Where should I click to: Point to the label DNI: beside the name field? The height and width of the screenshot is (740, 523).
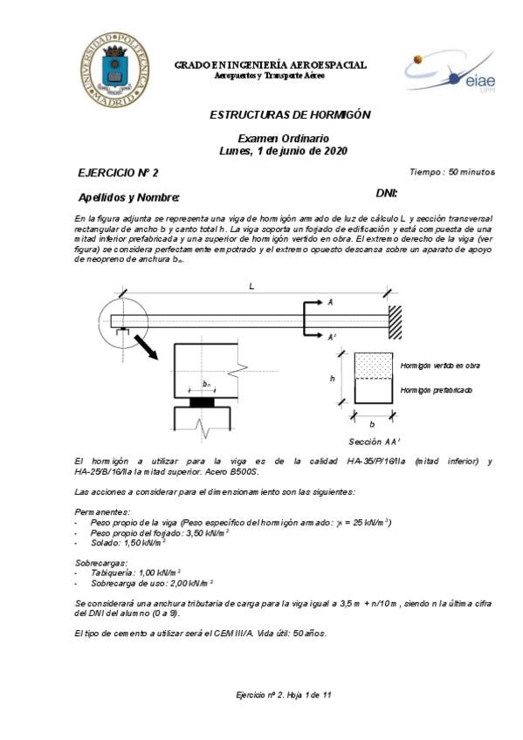[387, 193]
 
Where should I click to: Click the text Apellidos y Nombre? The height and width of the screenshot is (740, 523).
[128, 196]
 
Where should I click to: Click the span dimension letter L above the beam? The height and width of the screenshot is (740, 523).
[252, 287]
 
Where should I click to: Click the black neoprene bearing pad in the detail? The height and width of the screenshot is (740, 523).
[206, 403]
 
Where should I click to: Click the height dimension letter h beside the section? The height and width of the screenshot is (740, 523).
[333, 379]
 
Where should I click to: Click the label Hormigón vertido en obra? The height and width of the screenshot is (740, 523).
[440, 365]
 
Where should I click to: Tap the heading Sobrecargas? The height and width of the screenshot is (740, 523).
[102, 564]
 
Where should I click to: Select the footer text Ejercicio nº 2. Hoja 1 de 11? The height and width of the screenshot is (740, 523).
[285, 695]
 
